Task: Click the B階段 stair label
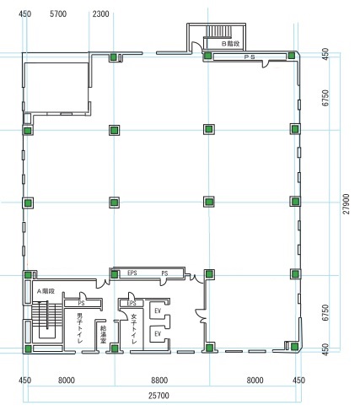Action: (x=230, y=44)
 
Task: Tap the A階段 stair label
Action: (x=46, y=291)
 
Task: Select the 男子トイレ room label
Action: (x=80, y=328)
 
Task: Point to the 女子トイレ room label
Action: (x=134, y=328)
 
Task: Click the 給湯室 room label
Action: (x=103, y=335)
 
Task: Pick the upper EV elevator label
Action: (x=158, y=311)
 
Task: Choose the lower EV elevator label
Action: (x=158, y=333)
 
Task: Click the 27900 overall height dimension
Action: (x=347, y=204)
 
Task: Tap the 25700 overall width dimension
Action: (x=159, y=396)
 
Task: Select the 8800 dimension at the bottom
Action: (x=159, y=381)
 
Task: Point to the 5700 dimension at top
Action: (x=58, y=14)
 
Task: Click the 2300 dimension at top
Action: (x=100, y=14)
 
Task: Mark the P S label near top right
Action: (x=250, y=57)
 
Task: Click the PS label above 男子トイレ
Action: (x=81, y=303)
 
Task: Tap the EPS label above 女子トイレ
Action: (x=132, y=303)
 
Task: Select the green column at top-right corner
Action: (x=292, y=56)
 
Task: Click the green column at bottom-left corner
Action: (x=28, y=349)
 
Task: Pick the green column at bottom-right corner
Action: (x=294, y=346)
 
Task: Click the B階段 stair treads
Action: (x=219, y=31)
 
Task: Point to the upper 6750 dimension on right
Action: (x=325, y=98)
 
